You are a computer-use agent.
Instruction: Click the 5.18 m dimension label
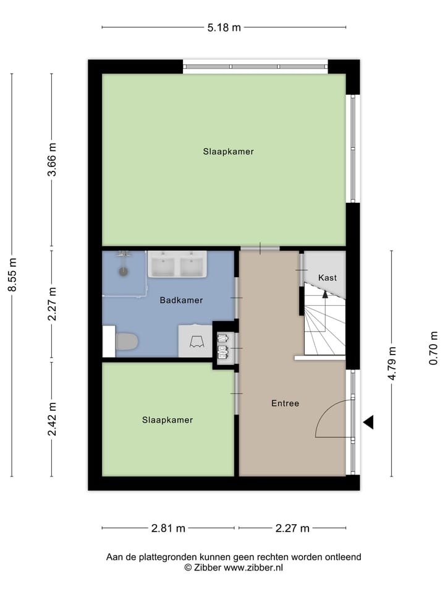pos(224,27)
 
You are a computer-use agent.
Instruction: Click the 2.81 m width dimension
pos(168,528)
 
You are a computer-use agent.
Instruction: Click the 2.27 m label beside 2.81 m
pos(292,528)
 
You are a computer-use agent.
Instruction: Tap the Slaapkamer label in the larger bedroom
pos(228,151)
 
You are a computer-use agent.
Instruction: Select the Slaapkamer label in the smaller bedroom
pos(167,420)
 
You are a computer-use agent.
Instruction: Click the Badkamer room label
pos(181,300)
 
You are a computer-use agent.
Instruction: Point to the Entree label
pos(285,403)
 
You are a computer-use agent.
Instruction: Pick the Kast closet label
pos(328,278)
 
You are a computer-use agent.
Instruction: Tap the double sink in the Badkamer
pos(177,265)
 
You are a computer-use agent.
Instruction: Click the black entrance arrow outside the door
pos(368,422)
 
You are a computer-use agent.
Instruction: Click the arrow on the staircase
pos(325,297)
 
